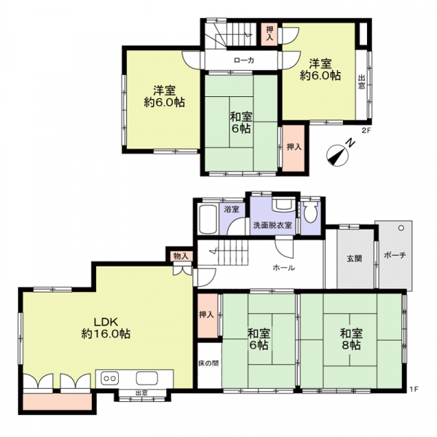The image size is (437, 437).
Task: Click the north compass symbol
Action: [337, 156]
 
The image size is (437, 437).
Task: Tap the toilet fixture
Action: [310, 211]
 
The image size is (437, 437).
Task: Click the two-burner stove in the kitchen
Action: [109, 378]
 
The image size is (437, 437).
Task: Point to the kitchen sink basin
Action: [147, 378]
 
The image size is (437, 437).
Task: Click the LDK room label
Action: [106, 328]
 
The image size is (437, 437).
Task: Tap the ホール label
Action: [283, 268]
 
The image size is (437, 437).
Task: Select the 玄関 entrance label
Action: [354, 259]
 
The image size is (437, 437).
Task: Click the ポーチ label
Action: [395, 255]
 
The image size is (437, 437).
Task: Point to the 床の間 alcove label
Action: [208, 363]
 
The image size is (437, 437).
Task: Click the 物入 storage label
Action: [181, 256]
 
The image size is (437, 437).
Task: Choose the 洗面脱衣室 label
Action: [272, 225]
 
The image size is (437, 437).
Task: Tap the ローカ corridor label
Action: [244, 60]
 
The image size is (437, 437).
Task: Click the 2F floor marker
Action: [366, 130]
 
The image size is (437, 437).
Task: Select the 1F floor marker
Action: [414, 389]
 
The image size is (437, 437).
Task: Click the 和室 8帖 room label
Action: [351, 339]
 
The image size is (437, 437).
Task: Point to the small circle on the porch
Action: [401, 228]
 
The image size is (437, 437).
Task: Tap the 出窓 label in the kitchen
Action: [141, 393]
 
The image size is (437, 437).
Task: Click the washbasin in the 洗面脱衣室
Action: [283, 205]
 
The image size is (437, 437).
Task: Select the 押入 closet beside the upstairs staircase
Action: [269, 34]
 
